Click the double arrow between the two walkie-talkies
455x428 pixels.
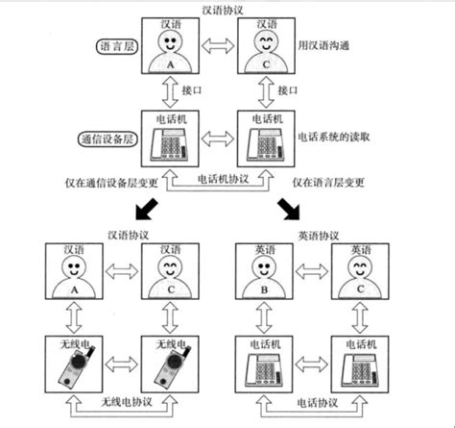coord(120,365)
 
